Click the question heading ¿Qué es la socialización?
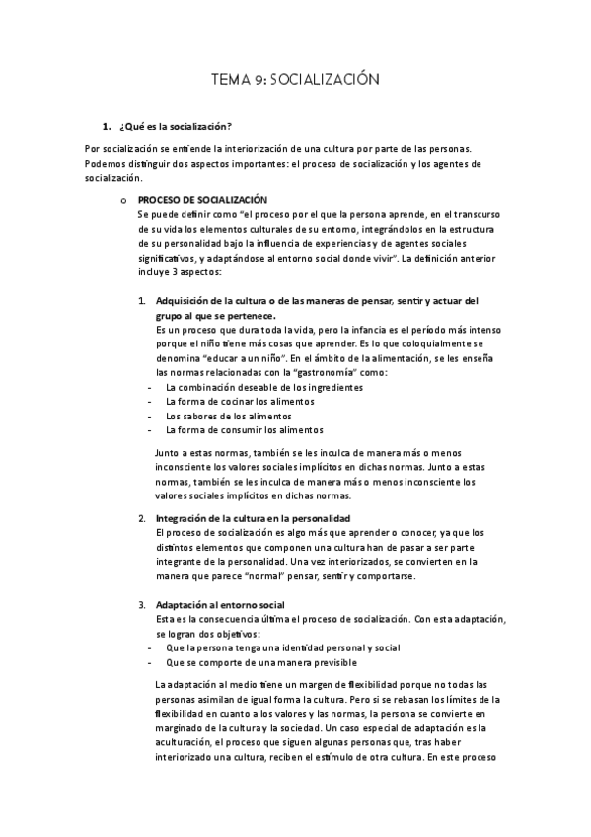(x=175, y=127)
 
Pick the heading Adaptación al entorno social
(x=220, y=604)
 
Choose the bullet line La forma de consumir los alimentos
(x=244, y=430)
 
